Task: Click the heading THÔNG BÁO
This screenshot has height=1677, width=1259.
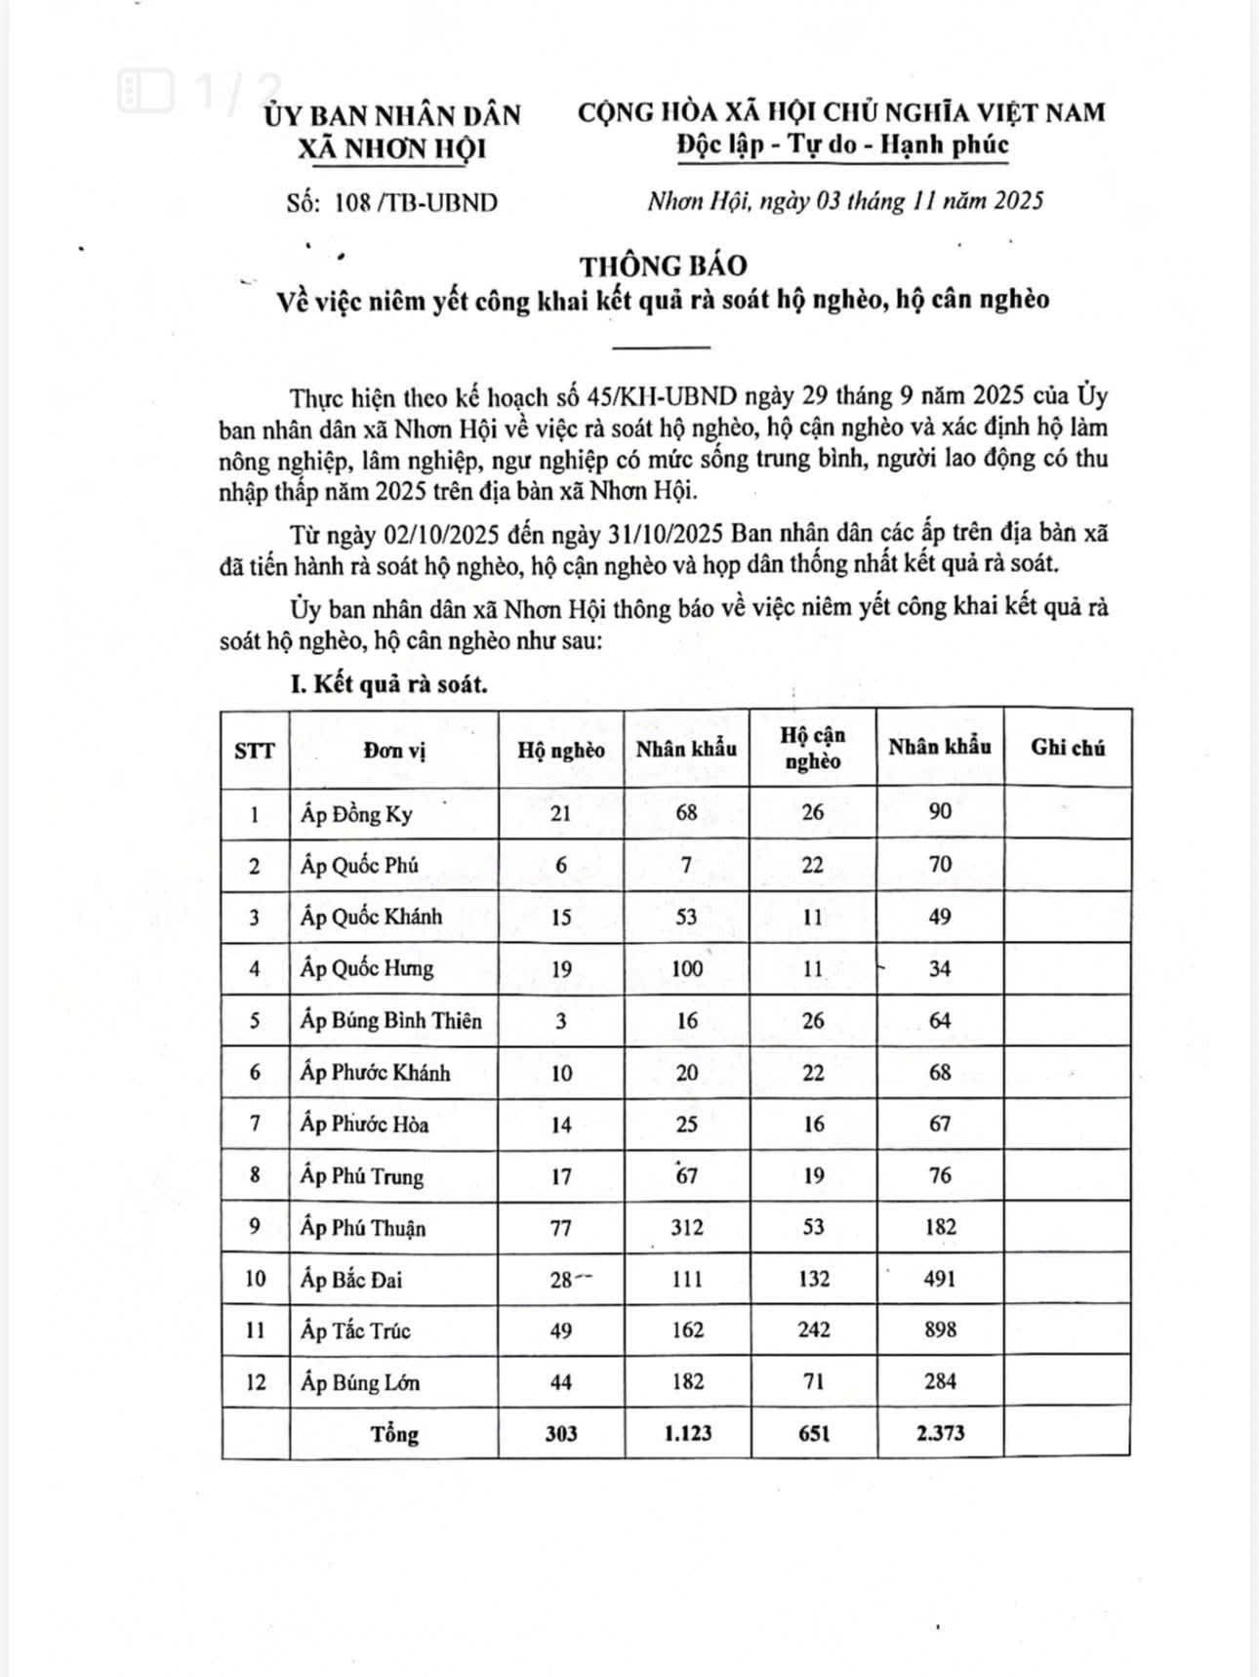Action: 663,266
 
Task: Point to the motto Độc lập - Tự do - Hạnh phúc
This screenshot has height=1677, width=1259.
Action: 841,144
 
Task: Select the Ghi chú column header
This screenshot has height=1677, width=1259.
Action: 1067,748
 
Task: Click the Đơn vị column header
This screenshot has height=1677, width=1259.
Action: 394,750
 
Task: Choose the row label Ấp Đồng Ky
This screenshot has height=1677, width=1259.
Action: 356,813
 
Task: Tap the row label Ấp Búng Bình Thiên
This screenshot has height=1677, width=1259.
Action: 390,1020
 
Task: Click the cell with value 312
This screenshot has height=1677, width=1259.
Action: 687,1227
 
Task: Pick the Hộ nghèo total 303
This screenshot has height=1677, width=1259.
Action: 561,1433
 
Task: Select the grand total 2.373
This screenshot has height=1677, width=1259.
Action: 940,1433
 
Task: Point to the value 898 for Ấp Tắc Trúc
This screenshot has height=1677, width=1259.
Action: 940,1329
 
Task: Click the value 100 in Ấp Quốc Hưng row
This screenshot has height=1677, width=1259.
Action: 687,968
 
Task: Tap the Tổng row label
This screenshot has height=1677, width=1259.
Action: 394,1434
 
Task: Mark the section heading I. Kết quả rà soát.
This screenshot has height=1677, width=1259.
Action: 389,684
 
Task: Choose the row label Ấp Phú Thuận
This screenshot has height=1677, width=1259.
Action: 363,1227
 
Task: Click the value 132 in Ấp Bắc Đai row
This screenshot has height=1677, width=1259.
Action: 813,1279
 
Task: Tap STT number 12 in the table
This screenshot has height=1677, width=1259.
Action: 255,1382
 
